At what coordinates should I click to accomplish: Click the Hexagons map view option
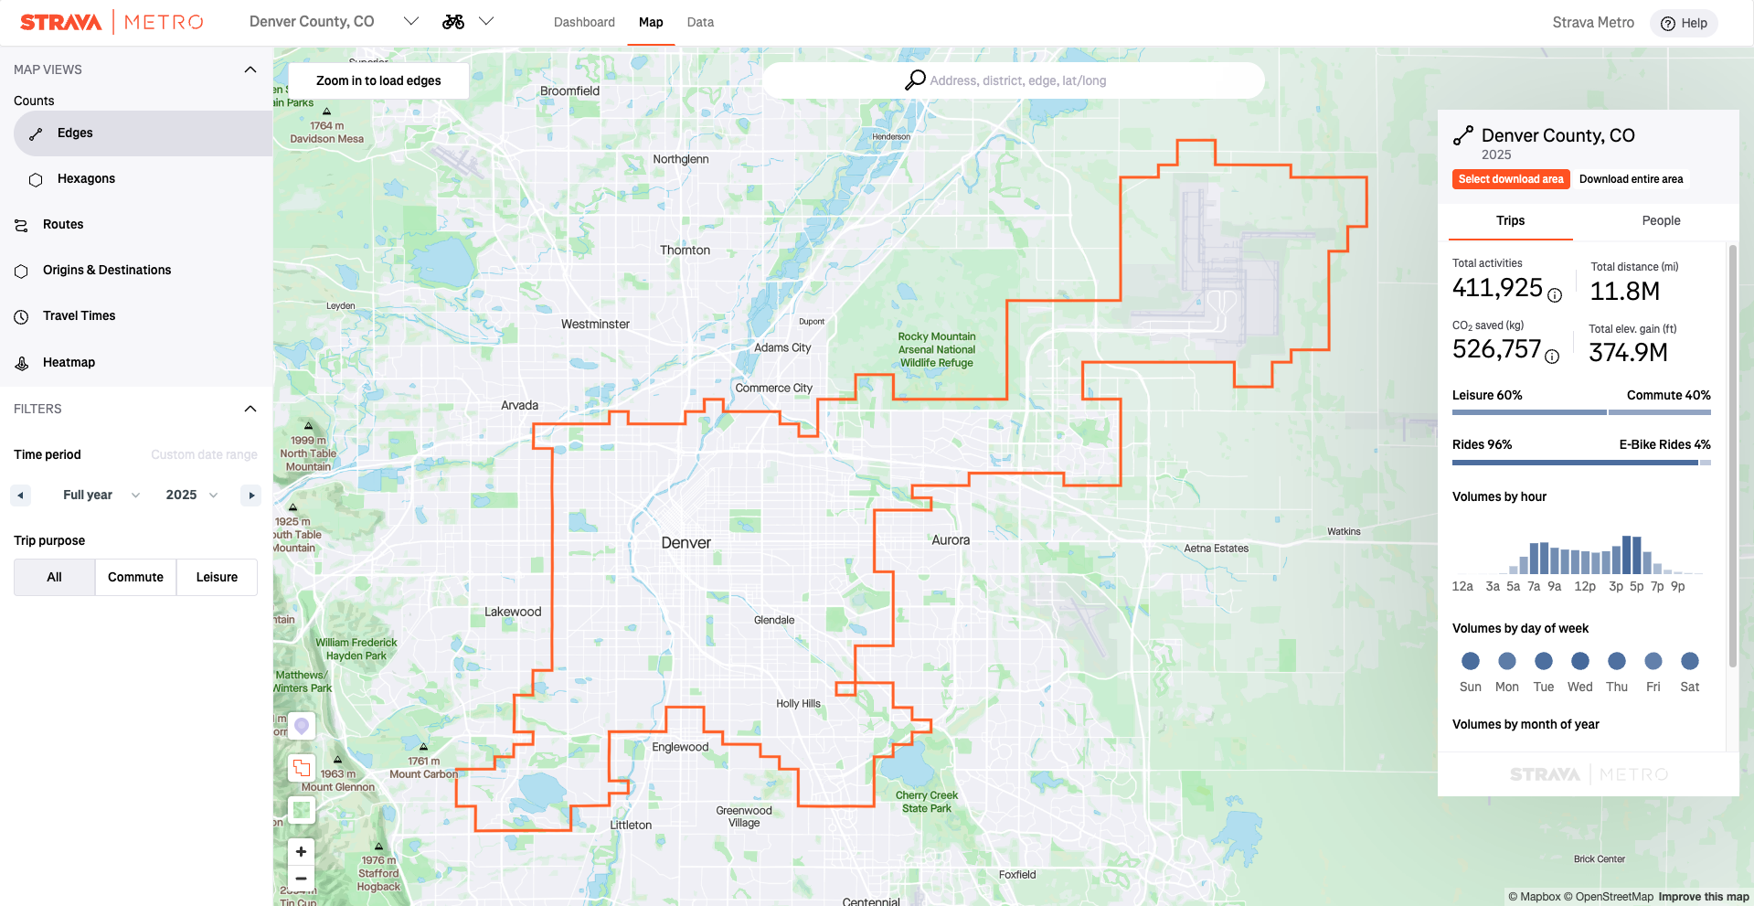(x=86, y=179)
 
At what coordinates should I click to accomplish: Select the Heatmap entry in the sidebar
(x=69, y=363)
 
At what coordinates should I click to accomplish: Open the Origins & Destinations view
(x=106, y=271)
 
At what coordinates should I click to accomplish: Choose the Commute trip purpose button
(x=135, y=578)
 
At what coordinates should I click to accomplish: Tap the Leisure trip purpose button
(x=217, y=578)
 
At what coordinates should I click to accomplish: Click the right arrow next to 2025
(x=251, y=496)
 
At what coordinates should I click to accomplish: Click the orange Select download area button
(x=1510, y=179)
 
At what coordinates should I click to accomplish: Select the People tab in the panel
(x=1660, y=221)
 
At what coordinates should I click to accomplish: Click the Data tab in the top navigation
(x=700, y=23)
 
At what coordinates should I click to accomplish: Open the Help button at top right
(x=1684, y=24)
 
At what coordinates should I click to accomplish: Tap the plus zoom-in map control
(x=301, y=852)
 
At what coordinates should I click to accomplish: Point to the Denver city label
(x=686, y=543)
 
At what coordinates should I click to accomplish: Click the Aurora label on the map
(x=950, y=540)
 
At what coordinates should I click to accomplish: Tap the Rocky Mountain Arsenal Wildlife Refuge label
(x=937, y=350)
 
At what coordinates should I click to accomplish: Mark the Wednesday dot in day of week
(x=1579, y=661)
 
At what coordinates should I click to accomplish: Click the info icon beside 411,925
(x=1555, y=295)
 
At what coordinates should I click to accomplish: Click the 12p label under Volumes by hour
(x=1584, y=587)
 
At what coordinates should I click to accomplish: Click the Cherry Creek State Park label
(x=926, y=802)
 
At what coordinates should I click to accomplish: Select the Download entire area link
(x=1630, y=179)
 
